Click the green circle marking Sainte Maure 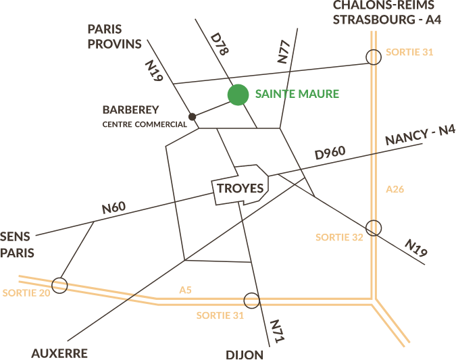click(237, 95)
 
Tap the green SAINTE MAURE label click(297, 94)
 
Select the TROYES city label click(240, 188)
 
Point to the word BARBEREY click(131, 109)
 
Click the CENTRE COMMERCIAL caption click(144, 125)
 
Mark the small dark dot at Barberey click(193, 117)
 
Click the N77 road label click(284, 53)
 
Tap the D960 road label click(330, 154)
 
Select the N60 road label click(113, 208)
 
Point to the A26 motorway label click(395, 189)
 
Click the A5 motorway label click(185, 290)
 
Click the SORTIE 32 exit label click(339, 237)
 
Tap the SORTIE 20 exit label click(26, 293)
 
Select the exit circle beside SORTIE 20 click(60, 285)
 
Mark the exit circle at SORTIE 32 click(374, 228)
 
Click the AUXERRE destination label click(59, 353)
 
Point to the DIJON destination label click(244, 355)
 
